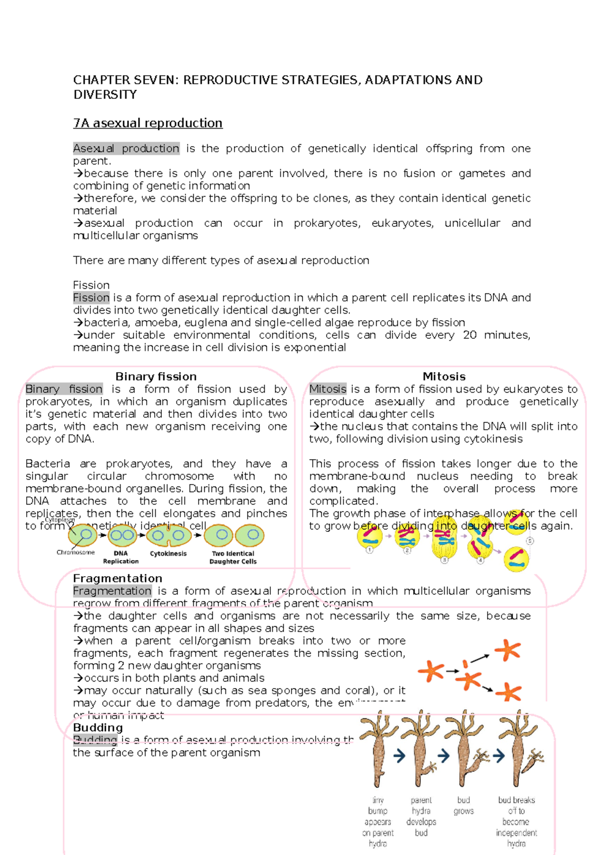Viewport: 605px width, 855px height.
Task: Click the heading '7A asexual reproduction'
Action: coord(148,124)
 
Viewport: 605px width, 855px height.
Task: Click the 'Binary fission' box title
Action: coord(156,377)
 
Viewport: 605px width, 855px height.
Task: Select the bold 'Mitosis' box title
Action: coord(444,377)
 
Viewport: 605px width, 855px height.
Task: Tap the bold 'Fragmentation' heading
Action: coord(117,578)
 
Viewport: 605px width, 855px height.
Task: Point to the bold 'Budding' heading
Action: coord(98,727)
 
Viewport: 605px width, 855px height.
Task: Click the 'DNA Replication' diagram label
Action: coord(120,557)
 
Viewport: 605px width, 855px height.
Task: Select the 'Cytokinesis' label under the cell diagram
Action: coord(168,554)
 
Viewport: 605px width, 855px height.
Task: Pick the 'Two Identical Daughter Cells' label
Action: coord(233,557)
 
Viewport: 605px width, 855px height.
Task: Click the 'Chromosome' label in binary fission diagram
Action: coord(75,553)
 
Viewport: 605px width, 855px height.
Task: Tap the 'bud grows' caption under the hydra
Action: coord(463,806)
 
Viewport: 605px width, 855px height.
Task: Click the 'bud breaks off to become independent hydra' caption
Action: coord(516,821)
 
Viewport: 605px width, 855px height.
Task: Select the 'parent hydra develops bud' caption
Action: coord(421,816)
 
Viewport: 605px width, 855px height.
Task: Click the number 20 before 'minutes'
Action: coord(470,335)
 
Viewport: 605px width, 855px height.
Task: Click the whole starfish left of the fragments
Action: coord(430,671)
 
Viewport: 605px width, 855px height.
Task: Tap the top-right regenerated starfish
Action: coord(507,650)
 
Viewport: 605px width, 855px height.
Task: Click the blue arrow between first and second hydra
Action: coord(399,756)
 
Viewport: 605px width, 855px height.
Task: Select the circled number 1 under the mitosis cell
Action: coord(370,550)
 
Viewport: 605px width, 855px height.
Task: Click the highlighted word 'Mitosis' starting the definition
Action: coord(328,389)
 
